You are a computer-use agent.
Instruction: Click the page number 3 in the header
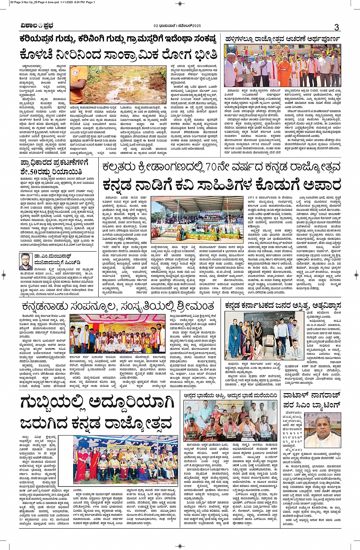tap(336, 27)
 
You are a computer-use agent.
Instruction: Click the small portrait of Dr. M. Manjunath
tap(27, 261)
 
